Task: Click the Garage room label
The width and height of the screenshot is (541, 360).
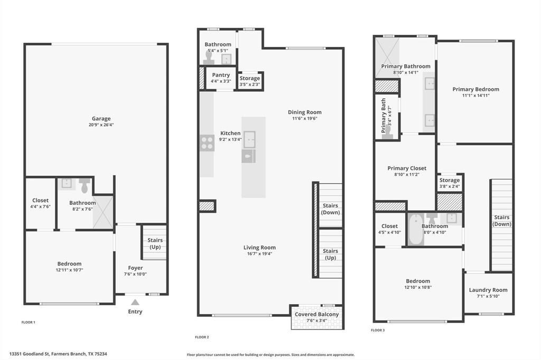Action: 101,119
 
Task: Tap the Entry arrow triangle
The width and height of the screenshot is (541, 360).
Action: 135,302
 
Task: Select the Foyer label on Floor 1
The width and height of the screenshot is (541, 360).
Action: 135,268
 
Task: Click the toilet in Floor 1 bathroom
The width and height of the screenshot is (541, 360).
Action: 85,185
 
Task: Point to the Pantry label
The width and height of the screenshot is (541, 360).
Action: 221,75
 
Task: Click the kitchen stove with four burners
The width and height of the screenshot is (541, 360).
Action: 207,143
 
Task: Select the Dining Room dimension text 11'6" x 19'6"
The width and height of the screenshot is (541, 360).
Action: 305,119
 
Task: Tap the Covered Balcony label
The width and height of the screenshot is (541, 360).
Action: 317,315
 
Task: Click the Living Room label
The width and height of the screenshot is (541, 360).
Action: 259,248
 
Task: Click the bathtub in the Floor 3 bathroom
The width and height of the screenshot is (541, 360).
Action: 416,230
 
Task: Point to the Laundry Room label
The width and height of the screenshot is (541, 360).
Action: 488,290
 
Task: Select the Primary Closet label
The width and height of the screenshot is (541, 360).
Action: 407,168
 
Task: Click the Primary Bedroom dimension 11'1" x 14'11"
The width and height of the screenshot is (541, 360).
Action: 475,96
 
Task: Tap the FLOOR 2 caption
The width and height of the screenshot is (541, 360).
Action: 202,337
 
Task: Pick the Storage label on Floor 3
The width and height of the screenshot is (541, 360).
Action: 450,181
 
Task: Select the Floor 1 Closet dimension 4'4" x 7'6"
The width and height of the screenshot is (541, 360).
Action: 41,207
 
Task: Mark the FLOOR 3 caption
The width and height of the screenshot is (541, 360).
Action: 378,330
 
